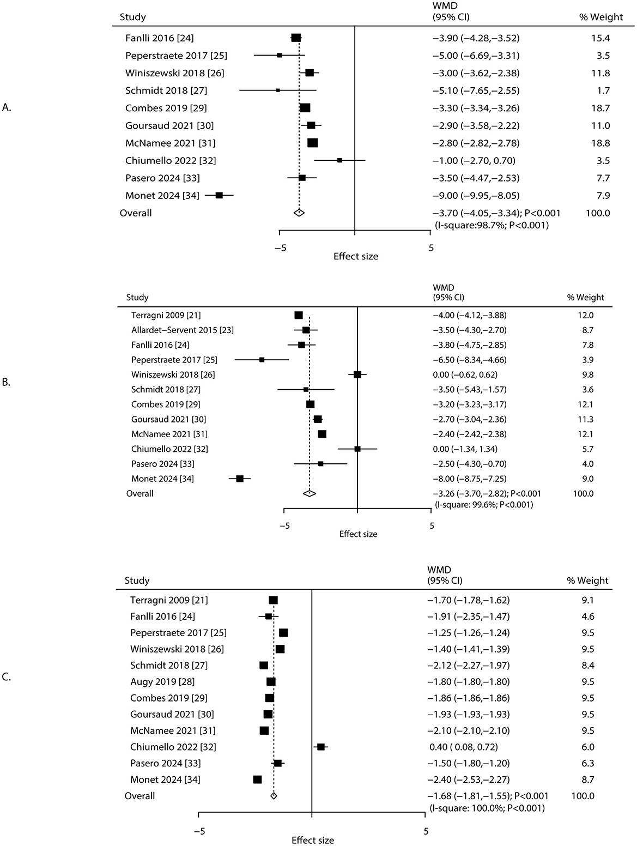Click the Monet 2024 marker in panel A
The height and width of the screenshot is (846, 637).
click(219, 195)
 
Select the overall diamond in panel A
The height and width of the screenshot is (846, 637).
click(299, 213)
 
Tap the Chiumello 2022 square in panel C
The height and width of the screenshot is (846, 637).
click(321, 747)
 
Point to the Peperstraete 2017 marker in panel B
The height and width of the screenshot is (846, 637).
click(262, 360)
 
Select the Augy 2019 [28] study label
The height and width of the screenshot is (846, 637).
click(162, 681)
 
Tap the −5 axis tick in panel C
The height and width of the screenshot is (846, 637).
click(199, 831)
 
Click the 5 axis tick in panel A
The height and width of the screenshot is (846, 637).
click(431, 247)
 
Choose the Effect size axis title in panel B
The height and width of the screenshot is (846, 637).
click(358, 534)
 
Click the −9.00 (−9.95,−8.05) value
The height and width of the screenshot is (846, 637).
click(472, 195)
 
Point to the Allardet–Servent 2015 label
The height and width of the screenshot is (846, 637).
click(182, 330)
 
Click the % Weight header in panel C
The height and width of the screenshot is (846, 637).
click(588, 580)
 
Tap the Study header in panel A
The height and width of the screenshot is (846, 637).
click(132, 17)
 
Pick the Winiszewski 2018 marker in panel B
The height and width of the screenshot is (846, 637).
click(357, 374)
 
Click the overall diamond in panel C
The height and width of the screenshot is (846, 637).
click(274, 796)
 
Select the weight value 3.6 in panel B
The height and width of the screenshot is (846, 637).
click(588, 389)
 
